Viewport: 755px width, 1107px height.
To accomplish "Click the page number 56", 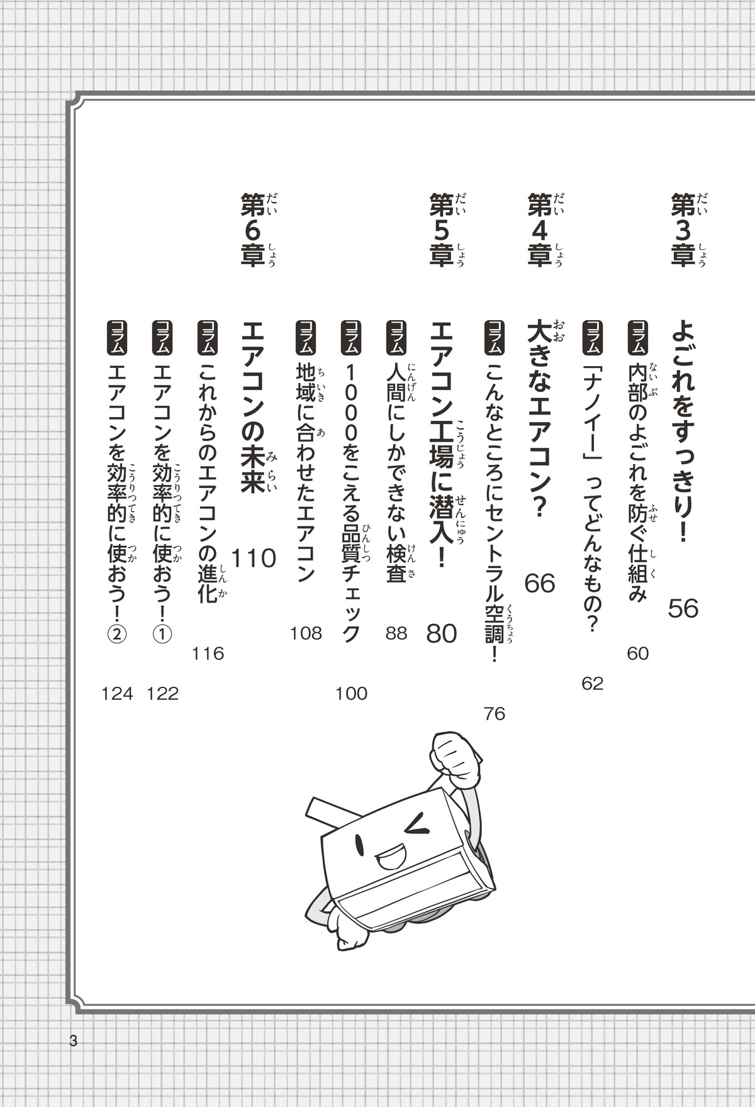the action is (683, 608).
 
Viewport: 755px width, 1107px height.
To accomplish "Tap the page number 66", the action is (540, 584).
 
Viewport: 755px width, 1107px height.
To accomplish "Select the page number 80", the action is (441, 633).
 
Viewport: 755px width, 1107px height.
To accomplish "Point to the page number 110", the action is (254, 559).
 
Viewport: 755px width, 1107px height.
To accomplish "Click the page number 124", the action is (118, 694).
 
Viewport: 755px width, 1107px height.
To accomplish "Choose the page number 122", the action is (163, 694).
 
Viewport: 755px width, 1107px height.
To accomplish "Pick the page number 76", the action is (495, 714).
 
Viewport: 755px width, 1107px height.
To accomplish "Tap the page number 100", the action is (351, 694).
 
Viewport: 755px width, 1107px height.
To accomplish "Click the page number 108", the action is (306, 633).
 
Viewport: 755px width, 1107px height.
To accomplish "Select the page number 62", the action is (593, 684).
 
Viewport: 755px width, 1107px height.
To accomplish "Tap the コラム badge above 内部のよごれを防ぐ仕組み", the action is (637, 337).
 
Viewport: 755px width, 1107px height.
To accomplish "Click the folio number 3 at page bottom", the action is (74, 1041).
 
